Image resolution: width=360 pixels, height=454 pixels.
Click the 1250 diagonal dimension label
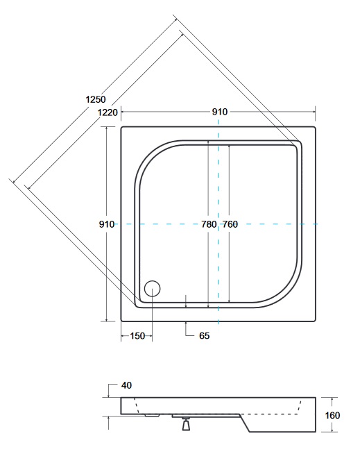96,99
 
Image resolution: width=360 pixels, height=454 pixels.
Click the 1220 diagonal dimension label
108,112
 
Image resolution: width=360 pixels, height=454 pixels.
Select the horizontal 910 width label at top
220,112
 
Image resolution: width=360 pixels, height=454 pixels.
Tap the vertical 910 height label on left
107,224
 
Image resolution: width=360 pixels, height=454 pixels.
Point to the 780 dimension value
209,224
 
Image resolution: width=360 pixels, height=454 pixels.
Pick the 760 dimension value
230,224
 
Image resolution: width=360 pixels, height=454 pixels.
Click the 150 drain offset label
137,336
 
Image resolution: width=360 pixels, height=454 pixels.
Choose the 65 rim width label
204,336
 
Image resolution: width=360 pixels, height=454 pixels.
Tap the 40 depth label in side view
126,385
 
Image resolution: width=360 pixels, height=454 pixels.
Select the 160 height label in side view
332,416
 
